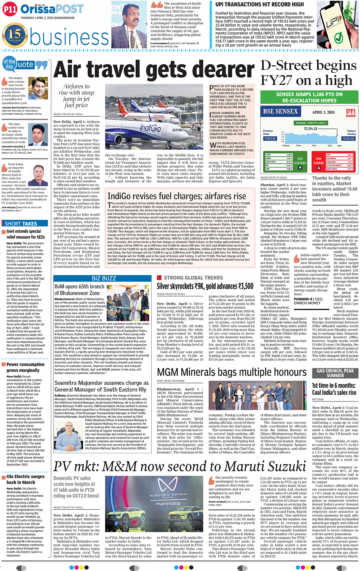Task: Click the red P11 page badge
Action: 10,10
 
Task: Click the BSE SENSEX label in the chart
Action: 280,112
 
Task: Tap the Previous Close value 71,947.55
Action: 270,139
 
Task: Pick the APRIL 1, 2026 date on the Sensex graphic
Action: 323,112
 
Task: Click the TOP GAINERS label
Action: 300,161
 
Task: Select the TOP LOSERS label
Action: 318,161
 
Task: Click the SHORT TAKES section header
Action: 21,224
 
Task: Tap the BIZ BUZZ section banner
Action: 104,278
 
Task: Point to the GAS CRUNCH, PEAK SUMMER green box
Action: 335,373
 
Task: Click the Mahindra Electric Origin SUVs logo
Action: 168,492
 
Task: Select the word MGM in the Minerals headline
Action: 168,372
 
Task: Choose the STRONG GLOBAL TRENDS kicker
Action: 193,278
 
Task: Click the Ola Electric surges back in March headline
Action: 26,479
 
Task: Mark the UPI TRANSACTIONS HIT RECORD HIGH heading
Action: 259,4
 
